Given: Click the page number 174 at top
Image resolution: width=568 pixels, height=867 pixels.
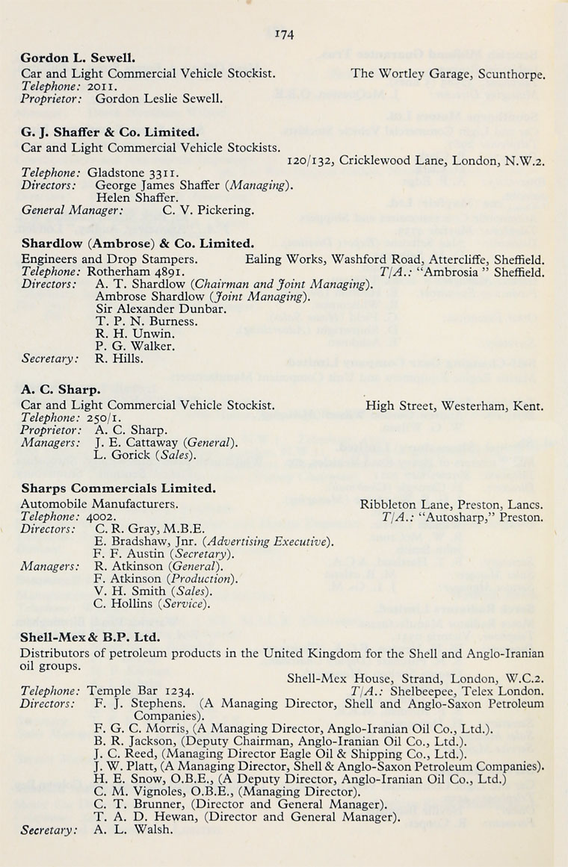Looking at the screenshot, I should pos(284,34).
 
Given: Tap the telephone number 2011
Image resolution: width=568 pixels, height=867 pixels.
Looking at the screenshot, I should pos(100,86).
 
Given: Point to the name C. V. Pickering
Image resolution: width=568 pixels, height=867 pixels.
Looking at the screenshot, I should pos(208,210).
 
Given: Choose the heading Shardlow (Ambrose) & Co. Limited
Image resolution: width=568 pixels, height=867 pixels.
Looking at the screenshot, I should pos(138,243).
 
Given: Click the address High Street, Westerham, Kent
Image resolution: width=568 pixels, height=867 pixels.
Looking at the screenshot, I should pos(454,406).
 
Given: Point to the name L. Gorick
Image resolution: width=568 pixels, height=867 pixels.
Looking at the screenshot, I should pos(124,454).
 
